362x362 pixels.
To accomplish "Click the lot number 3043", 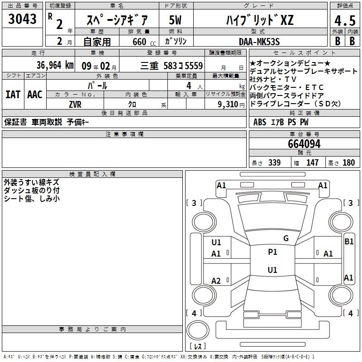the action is [22, 19].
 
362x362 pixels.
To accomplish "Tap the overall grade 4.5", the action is [345, 20].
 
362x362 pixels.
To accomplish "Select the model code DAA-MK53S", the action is [259, 42].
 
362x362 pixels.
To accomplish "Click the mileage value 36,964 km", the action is [55, 65].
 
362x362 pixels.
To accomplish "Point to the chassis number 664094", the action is [304, 144].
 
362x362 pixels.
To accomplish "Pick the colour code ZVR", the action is [75, 105].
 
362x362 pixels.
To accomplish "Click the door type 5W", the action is [175, 20].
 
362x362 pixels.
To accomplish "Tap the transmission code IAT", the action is [13, 95].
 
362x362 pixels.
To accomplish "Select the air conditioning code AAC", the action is [35, 95].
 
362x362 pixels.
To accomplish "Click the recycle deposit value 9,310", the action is [228, 105].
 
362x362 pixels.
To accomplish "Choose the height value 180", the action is [348, 162].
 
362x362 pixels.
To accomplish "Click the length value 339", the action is [274, 162].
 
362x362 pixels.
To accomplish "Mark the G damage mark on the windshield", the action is [286, 238].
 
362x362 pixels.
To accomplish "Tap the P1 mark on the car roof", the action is [272, 252].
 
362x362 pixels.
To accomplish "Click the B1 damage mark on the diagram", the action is [349, 242].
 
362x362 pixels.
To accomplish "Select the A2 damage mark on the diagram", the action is [216, 281].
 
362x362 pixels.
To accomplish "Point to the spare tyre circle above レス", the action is [198, 330].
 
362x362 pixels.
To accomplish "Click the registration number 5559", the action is [194, 66].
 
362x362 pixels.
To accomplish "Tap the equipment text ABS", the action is [259, 122].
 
